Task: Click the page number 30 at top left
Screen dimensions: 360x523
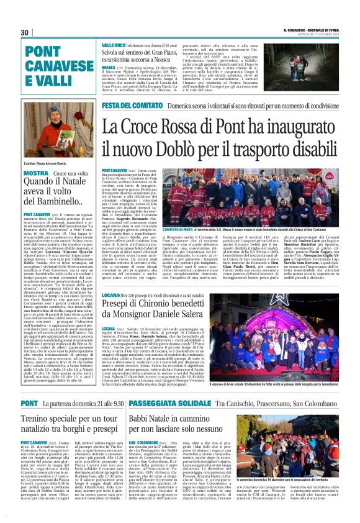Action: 25,32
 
